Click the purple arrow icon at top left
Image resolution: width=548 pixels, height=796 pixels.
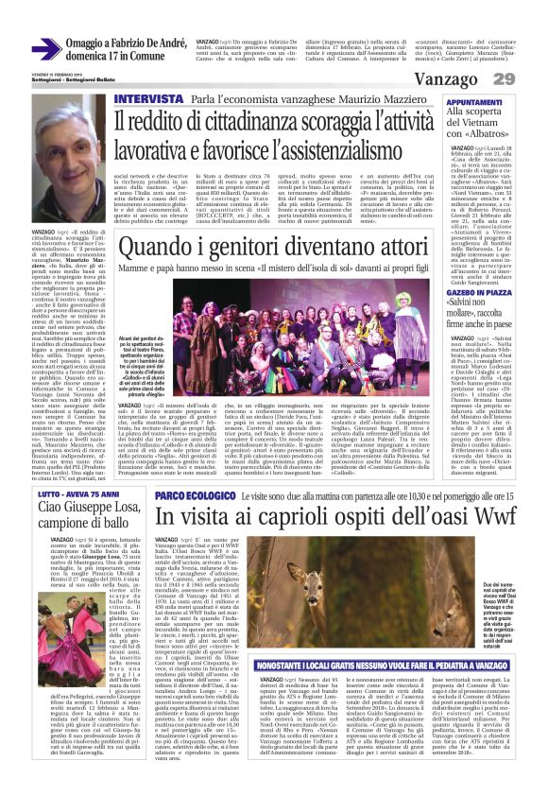[46, 48]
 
